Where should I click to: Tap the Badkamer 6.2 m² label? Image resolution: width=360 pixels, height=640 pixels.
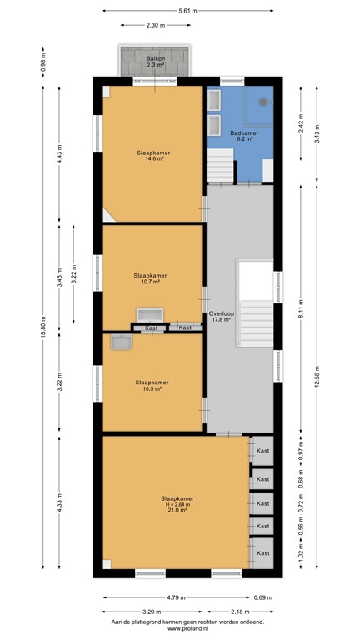click(x=243, y=135)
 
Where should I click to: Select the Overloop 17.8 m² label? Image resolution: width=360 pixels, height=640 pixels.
click(x=221, y=315)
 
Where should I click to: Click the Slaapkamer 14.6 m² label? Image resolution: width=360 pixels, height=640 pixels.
click(x=151, y=156)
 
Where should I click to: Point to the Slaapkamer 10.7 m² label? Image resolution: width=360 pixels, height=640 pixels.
click(x=150, y=278)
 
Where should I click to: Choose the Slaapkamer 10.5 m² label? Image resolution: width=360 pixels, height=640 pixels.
click(x=150, y=385)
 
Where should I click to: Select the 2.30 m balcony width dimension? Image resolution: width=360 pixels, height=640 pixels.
click(x=154, y=26)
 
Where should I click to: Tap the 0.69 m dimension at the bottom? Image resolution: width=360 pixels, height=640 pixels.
click(x=264, y=597)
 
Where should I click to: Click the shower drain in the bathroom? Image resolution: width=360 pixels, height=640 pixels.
click(x=263, y=102)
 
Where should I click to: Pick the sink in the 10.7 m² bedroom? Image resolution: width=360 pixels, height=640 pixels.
click(x=151, y=315)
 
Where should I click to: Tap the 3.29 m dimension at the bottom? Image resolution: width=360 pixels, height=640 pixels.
click(x=151, y=611)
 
